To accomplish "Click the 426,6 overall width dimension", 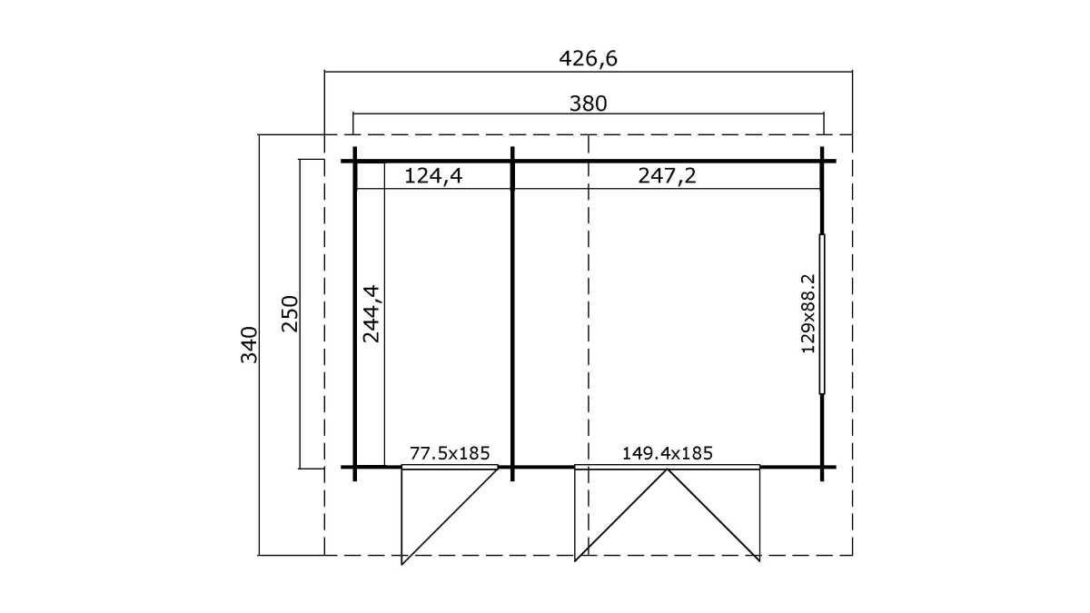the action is [588, 58].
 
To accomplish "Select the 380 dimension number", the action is [589, 104].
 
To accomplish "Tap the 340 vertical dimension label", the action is [249, 345].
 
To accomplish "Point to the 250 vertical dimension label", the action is [290, 314].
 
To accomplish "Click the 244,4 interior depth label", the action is [372, 314].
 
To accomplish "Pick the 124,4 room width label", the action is [433, 175].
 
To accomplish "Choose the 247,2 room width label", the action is [667, 175].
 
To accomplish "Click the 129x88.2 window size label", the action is [808, 314].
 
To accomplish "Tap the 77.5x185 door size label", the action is [450, 453].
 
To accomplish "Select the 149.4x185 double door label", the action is [667, 453].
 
